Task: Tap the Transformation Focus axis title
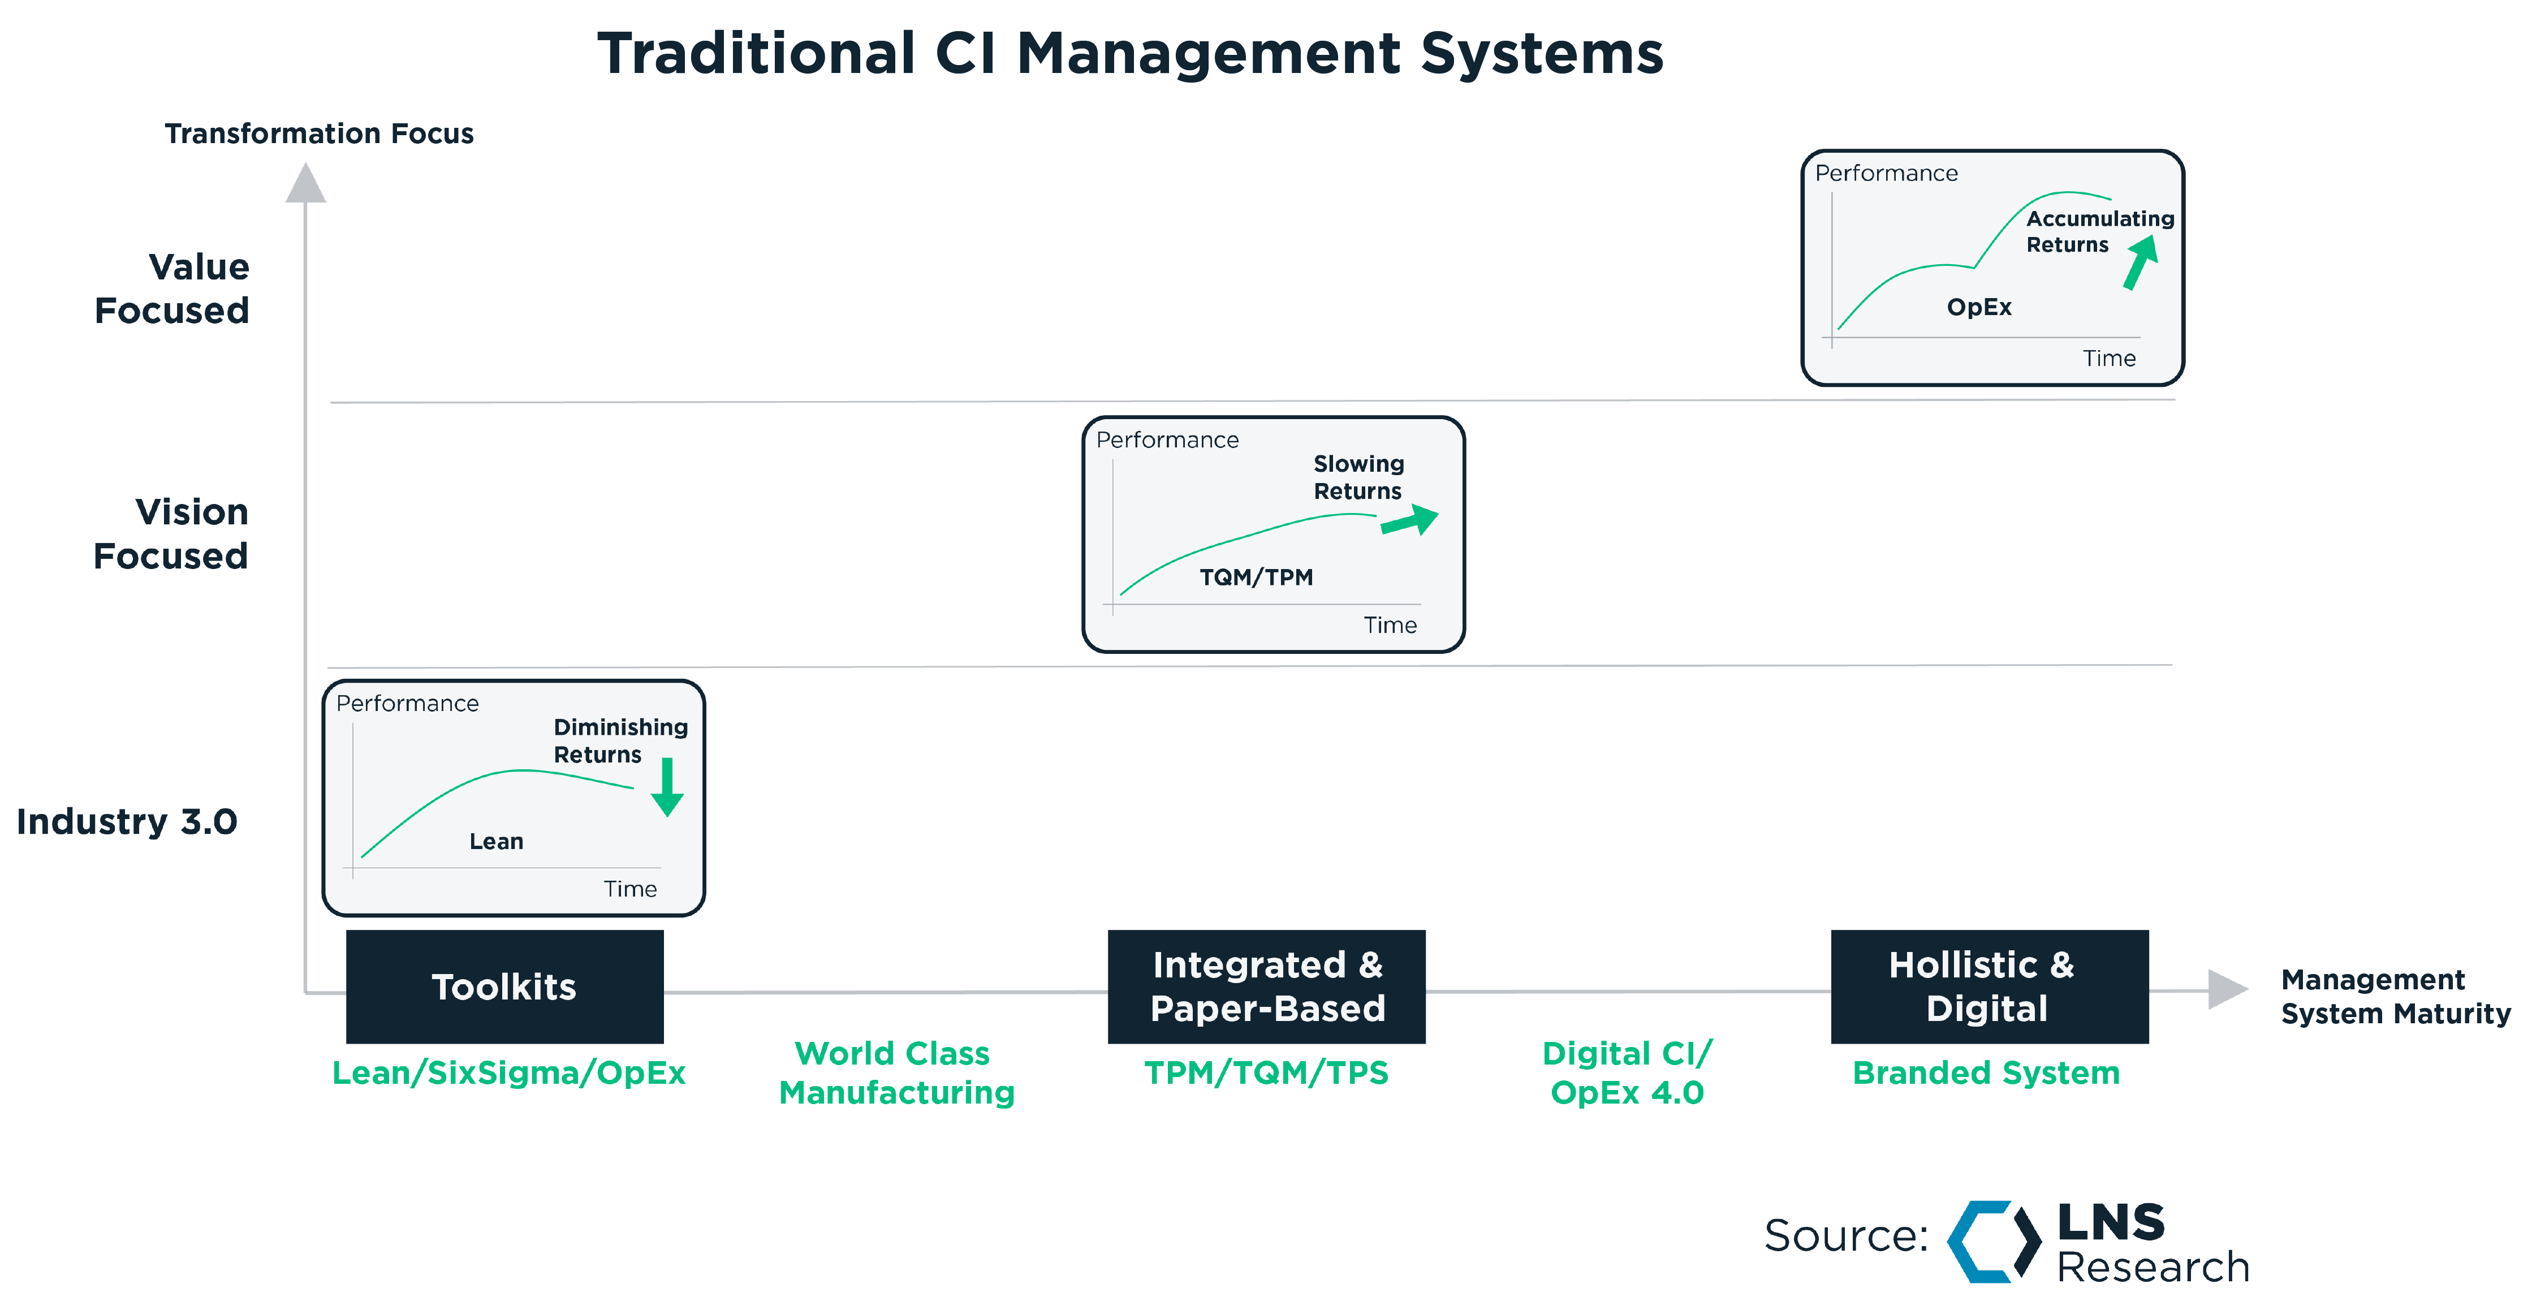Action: tap(318, 133)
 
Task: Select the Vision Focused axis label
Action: tap(172, 533)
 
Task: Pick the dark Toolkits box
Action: tap(504, 986)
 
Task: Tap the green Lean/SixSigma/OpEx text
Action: tap(508, 1073)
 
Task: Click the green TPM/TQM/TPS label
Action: tap(1266, 1073)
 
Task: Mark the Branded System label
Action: tap(1986, 1073)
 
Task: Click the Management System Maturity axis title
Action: tap(2395, 997)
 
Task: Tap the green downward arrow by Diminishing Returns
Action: tap(667, 787)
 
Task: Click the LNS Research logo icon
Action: tap(1994, 1241)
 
